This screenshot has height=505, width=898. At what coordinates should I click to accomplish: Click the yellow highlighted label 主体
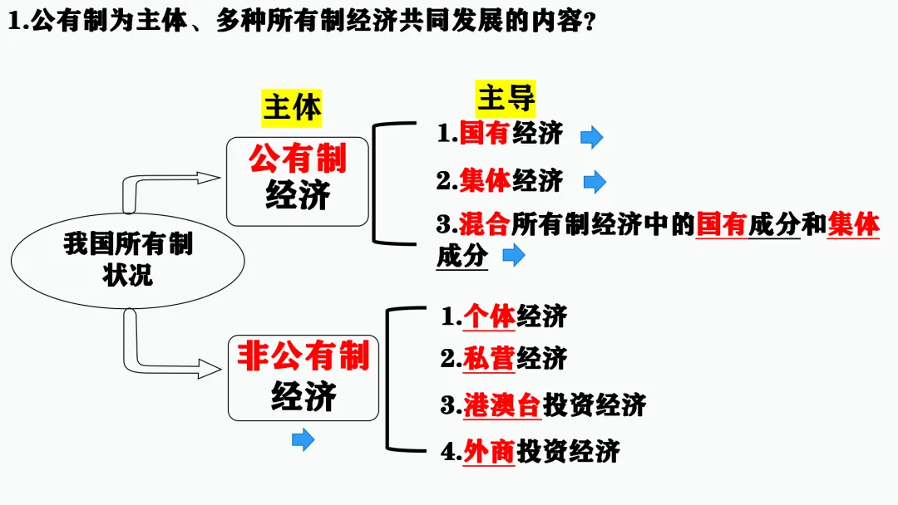[292, 108]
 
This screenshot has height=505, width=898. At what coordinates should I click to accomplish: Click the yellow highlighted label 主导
[506, 99]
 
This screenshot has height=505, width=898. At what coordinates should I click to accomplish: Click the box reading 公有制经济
[298, 181]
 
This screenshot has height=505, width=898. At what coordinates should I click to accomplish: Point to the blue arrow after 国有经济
[591, 137]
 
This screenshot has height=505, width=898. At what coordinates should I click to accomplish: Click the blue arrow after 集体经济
[595, 183]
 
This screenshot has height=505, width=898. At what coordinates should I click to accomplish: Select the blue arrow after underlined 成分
[514, 256]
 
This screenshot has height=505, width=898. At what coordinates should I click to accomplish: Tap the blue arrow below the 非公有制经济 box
[303, 439]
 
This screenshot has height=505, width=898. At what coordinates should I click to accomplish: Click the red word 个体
[490, 316]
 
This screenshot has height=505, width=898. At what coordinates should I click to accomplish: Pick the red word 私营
[490, 358]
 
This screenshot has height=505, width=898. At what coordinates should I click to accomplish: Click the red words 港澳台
[502, 405]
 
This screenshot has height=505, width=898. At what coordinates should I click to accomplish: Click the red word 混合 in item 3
[484, 224]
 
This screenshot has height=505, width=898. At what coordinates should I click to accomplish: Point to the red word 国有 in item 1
[484, 133]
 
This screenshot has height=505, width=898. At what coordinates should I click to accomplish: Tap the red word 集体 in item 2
[484, 179]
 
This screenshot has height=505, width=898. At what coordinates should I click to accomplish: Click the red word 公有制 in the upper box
[298, 158]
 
